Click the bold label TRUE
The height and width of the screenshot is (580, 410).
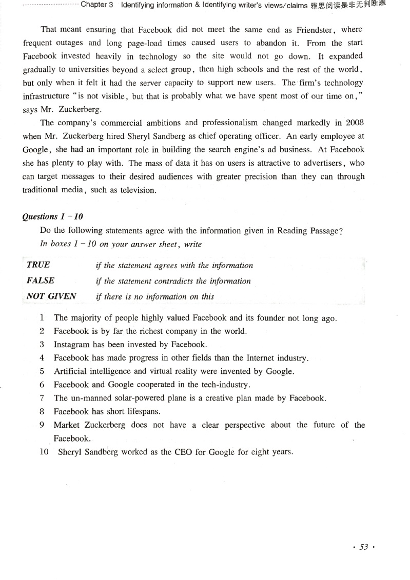pos(38,265)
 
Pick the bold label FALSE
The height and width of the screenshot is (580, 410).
pos(41,281)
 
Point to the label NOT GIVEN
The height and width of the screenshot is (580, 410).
pos(51,296)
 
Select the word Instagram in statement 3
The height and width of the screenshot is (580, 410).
pos(72,345)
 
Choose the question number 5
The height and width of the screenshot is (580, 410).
pos(42,371)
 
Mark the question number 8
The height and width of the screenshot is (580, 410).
pos(42,411)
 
